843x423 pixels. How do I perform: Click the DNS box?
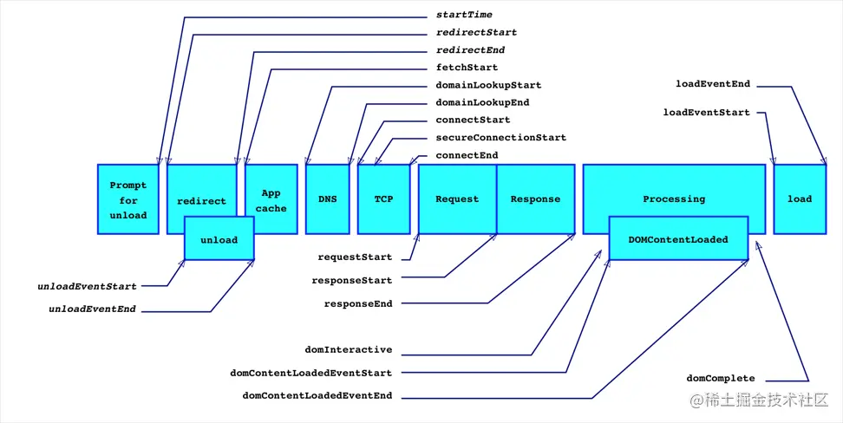click(327, 199)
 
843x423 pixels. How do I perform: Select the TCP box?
click(383, 199)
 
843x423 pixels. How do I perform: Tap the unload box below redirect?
click(219, 240)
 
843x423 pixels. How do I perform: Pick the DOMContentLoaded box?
click(678, 239)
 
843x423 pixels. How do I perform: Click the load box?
click(800, 199)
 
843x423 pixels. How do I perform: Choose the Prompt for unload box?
click(128, 199)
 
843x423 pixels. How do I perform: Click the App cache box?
click(271, 200)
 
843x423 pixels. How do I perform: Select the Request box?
click(457, 199)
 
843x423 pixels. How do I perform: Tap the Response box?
click(535, 199)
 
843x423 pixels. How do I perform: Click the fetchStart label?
click(467, 68)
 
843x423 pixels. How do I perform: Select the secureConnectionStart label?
click(500, 137)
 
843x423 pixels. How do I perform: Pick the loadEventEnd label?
click(713, 84)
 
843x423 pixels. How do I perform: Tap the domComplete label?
click(721, 379)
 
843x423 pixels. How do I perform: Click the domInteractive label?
click(349, 350)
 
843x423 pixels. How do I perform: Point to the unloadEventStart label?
click(87, 286)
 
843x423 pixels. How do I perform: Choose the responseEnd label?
click(358, 304)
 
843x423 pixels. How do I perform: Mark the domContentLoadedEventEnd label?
click(317, 395)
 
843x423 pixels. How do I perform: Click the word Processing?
click(674, 199)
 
